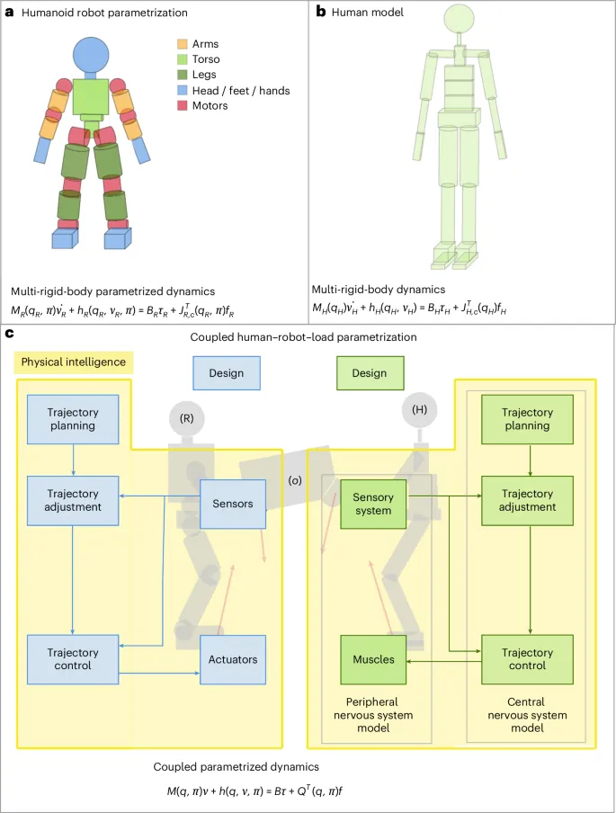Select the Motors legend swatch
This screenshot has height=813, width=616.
coord(182,106)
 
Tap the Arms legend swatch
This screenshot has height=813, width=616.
coord(182,44)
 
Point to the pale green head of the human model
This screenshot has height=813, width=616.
coord(459,18)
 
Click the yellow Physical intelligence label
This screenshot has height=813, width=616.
coord(74,362)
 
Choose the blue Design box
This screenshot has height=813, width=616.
coord(227,373)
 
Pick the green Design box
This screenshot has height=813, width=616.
coord(370,373)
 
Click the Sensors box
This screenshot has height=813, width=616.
coord(233,504)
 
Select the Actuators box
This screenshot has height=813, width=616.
coord(233,659)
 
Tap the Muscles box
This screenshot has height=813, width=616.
coord(373,659)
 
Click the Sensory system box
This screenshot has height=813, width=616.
coord(373,504)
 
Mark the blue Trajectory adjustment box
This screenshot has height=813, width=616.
coord(73,501)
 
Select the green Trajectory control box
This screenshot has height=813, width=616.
coord(527,659)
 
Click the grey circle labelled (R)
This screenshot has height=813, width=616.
coord(187,418)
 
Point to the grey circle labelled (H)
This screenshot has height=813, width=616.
coord(419,410)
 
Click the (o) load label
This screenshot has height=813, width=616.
coord(295,480)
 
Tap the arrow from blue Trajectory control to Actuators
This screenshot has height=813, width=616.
coord(159,673)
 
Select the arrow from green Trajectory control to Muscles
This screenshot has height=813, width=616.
coord(444,661)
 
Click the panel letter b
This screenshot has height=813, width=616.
coord(321,12)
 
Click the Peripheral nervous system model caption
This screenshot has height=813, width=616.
coord(373,715)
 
